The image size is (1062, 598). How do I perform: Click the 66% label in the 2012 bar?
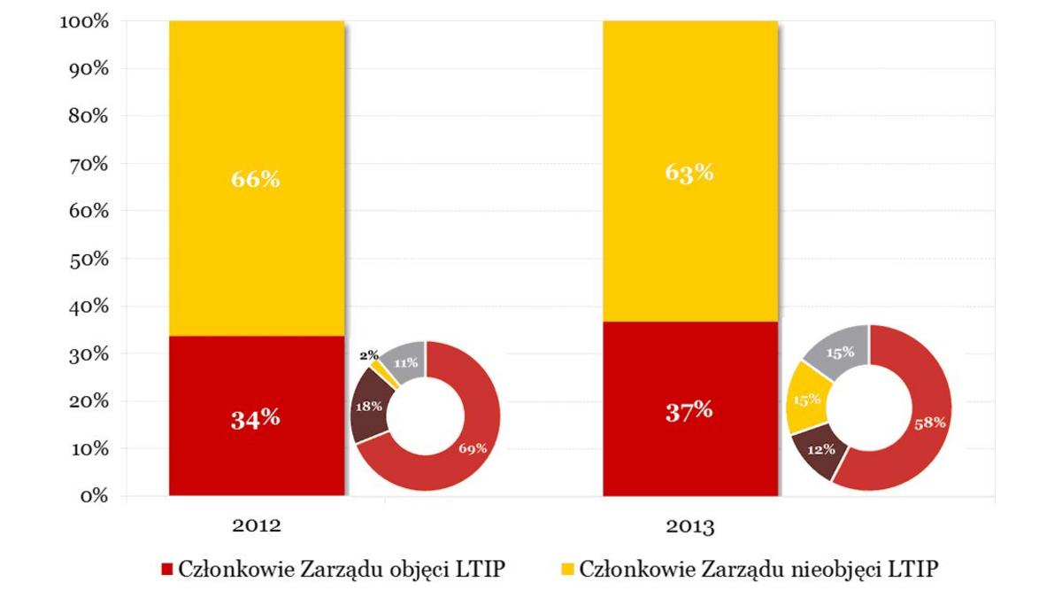click(x=256, y=179)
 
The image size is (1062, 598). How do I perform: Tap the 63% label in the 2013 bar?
click(x=689, y=172)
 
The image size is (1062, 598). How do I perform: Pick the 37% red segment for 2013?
click(x=689, y=410)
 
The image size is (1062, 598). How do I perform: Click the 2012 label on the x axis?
click(x=257, y=525)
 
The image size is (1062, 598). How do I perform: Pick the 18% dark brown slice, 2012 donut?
click(x=370, y=407)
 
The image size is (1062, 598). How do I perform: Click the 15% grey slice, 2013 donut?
click(x=840, y=352)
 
